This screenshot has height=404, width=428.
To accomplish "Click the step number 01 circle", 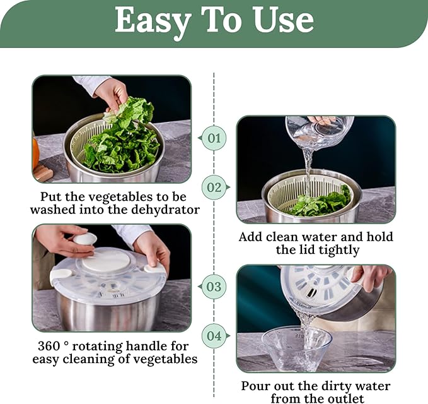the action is click(214, 138).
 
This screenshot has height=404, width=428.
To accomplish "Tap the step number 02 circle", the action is click(214, 187).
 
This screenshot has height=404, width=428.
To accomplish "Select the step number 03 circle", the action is click(214, 287).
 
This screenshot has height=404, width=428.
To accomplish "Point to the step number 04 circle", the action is click(214, 336).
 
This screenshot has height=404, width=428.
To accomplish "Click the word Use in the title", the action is click(283, 19).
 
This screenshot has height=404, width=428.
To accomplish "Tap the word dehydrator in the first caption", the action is click(166, 210).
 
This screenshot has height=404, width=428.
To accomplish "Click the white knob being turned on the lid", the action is click(85, 239).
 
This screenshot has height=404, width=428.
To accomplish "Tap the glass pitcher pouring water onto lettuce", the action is click(320, 131).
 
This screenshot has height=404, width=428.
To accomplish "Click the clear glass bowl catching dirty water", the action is click(297, 348).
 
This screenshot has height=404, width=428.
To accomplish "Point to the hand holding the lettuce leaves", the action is click(113, 96).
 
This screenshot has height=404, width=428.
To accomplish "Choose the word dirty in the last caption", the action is click(334, 386).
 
